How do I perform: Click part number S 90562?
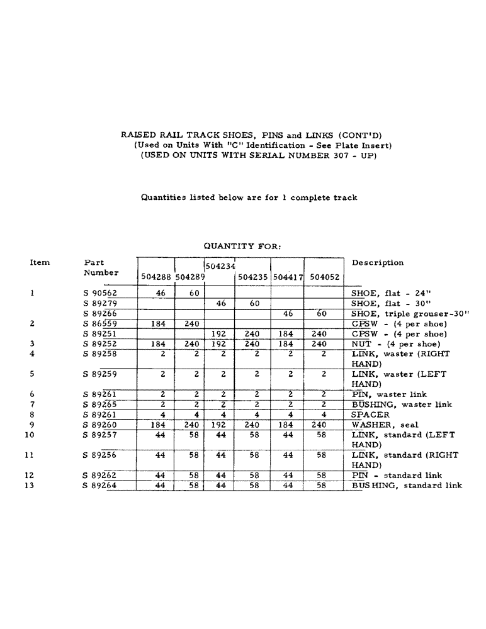point(100,293)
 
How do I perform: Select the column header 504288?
point(155,277)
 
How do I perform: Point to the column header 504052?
point(324,277)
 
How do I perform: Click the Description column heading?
point(378,263)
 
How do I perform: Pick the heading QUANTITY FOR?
point(242,246)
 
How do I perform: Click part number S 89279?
point(100,303)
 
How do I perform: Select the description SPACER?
point(370,415)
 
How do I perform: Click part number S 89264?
point(100,486)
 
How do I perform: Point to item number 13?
point(32,486)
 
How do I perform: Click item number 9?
point(32,425)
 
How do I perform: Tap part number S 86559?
point(100,324)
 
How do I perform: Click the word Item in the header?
point(40,263)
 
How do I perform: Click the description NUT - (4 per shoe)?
point(395,344)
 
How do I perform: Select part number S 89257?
point(100,435)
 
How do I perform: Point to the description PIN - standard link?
point(397,476)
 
